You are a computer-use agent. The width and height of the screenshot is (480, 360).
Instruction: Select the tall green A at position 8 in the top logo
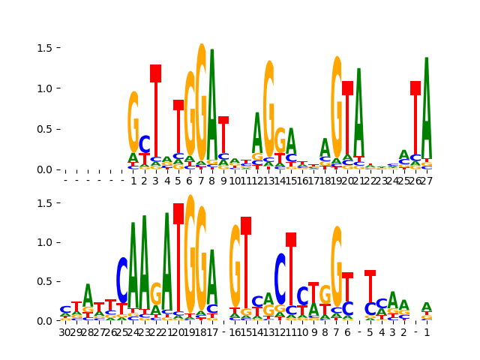tap(212, 105)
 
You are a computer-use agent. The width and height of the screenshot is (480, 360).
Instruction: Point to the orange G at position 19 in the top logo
tap(337, 105)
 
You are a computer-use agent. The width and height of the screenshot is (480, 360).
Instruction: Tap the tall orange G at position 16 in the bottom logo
tap(235, 266)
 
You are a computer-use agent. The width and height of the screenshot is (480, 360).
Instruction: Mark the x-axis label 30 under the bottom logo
tap(65, 332)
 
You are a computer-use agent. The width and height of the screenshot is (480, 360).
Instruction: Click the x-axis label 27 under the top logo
tap(427, 181)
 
